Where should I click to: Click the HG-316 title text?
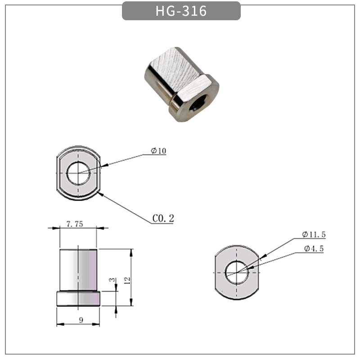coord(181,11)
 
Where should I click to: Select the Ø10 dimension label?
coord(159,151)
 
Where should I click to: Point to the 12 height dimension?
coord(127,280)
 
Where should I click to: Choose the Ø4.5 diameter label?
coord(314,248)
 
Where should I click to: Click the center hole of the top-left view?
coord(79,173)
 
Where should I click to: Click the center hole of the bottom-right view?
coord(237,272)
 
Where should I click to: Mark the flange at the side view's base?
coord(78,299)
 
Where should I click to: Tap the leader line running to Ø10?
coord(121,162)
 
